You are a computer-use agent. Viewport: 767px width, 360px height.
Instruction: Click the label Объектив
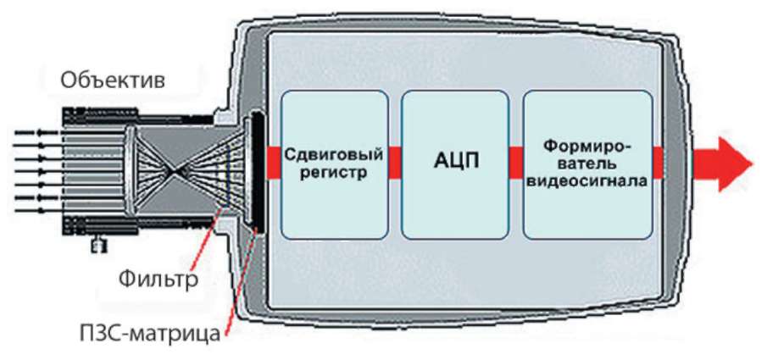(112, 82)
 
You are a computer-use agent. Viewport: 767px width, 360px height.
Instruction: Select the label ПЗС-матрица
(161, 332)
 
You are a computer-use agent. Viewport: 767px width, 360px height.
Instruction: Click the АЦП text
(455, 162)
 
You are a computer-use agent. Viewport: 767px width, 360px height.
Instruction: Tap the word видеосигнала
(587, 181)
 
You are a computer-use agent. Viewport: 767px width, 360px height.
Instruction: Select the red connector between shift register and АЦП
(395, 163)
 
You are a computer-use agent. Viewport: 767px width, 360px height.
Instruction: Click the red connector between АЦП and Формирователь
(516, 163)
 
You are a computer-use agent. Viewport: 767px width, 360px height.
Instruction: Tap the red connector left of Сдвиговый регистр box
(273, 162)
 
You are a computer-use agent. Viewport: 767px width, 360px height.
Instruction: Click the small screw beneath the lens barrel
(100, 246)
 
